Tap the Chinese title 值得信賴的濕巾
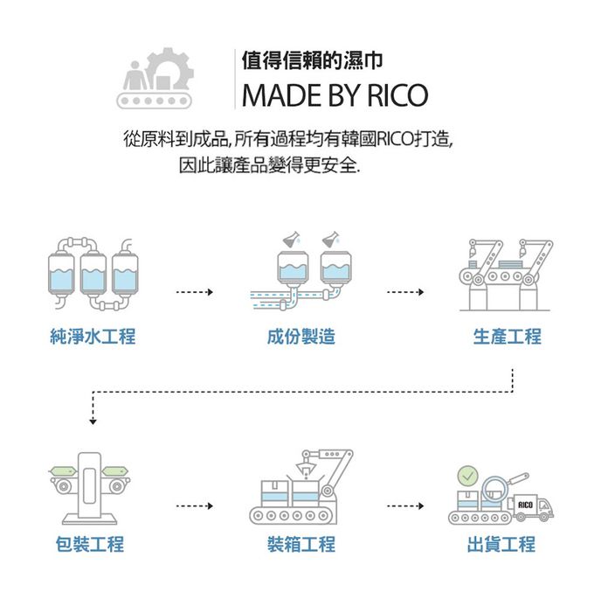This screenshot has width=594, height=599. coord(312,62)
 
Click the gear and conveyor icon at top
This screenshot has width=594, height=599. coord(155,79)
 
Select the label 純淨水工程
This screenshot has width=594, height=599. coord(93,337)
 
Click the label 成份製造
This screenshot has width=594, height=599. coord(301,337)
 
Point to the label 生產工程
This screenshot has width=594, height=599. coord(508,337)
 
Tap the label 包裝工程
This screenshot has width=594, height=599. coord(89,544)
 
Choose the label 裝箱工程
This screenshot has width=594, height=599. coord(301,544)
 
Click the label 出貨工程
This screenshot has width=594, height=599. coord(501,544)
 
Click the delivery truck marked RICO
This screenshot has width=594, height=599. coord(532,506)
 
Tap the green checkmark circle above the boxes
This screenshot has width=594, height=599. coord(467,477)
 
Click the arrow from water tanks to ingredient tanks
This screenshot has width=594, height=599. coord(194,292)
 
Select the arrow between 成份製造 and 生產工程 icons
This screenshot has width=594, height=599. coord(405,292)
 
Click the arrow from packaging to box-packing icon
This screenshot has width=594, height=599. coord(194,506)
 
